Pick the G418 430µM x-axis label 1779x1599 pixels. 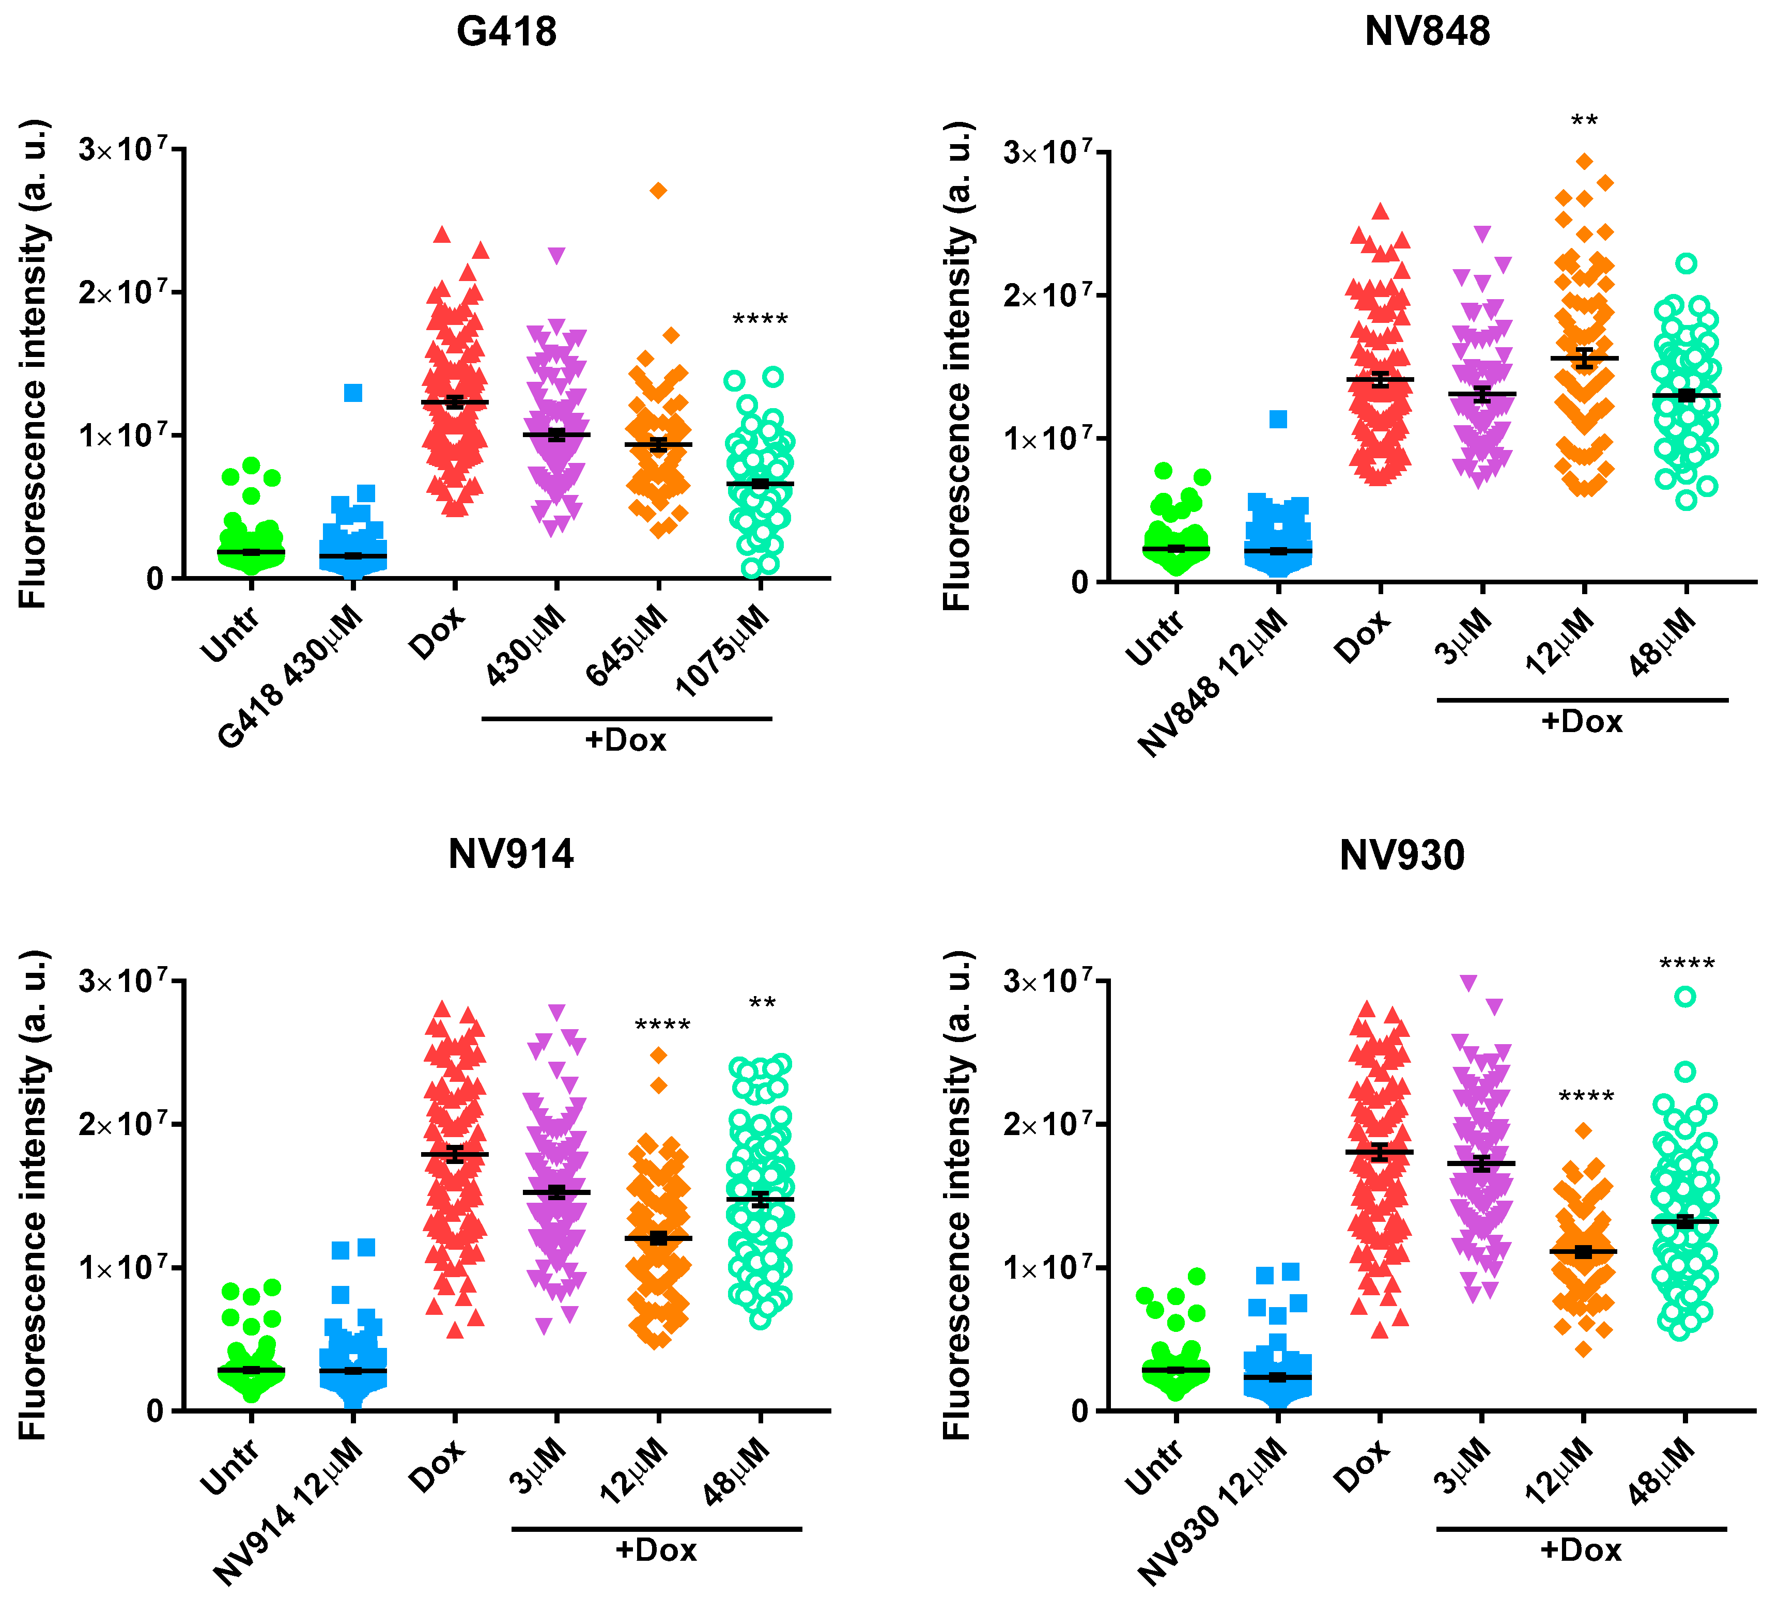[x=290, y=676]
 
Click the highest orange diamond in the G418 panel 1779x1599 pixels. [x=658, y=191]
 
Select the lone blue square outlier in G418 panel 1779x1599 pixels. [x=353, y=393]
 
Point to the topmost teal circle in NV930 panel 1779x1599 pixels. [x=1685, y=996]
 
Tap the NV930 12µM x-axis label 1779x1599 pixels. [x=1212, y=1513]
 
